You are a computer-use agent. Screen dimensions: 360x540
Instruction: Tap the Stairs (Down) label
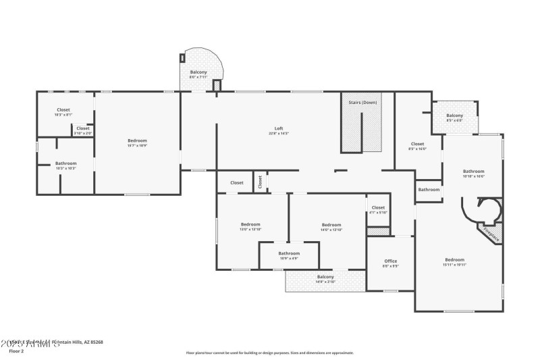tap(362, 102)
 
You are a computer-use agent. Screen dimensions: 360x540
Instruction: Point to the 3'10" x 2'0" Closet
tap(82, 130)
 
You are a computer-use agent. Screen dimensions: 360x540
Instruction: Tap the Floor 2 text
tap(16, 351)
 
